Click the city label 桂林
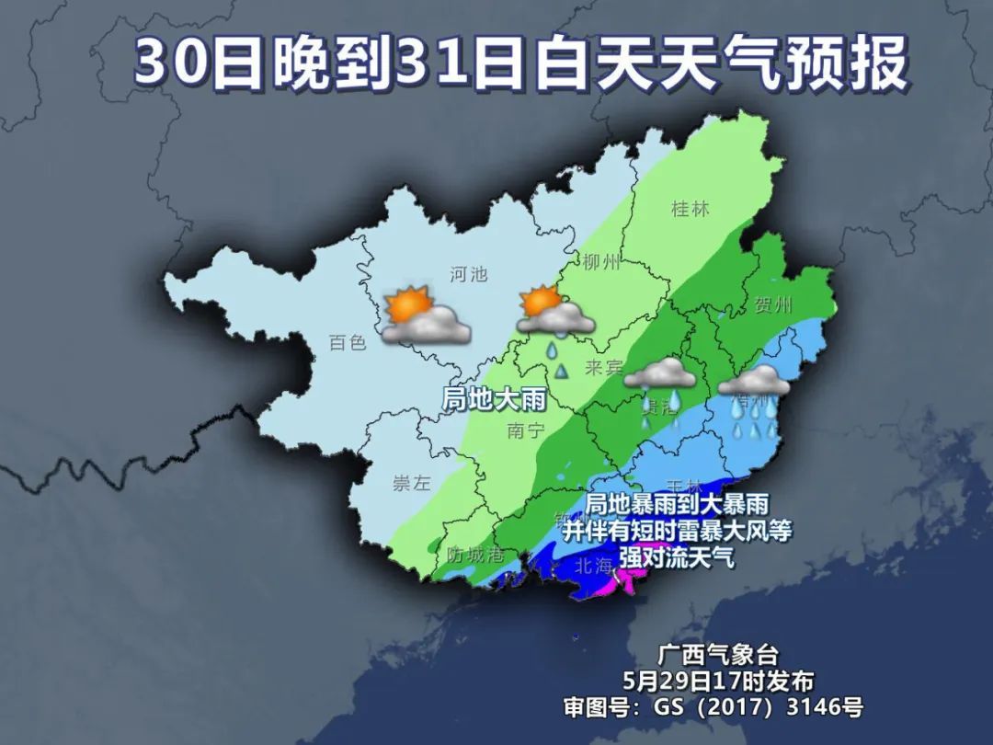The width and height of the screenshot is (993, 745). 691,209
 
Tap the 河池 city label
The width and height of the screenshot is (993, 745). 468,273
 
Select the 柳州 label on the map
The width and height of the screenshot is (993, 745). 602,262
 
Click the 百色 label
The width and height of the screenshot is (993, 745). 348,343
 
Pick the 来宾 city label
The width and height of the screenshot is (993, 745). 603,368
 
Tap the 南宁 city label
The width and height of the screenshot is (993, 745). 526,430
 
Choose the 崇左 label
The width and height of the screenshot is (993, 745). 411,484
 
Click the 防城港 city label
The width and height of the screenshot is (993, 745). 475,555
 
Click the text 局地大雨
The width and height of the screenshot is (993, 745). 495,399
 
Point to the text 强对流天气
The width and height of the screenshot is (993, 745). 676,556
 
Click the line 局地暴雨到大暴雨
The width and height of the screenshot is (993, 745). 677,504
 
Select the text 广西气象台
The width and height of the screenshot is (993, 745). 718,655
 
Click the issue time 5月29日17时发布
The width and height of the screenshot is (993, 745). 718,682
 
